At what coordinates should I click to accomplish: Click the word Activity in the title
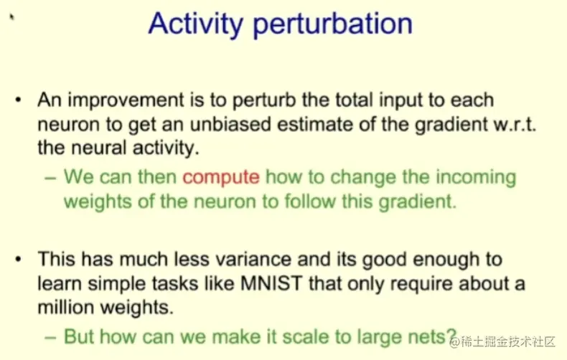point(196,24)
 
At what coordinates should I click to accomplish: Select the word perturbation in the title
point(333,24)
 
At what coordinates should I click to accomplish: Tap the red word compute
point(221,178)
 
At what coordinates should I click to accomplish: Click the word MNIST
point(271,283)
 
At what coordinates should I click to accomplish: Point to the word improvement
point(126,100)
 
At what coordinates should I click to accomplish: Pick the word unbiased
point(230,124)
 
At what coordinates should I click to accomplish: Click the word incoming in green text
point(476,178)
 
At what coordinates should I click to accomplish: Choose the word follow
point(310,201)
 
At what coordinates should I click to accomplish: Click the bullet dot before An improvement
point(19,100)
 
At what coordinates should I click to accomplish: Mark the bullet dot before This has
point(19,259)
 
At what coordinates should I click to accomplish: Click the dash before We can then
point(50,178)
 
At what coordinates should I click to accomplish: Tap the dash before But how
point(50,338)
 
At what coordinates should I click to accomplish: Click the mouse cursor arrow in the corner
point(12,16)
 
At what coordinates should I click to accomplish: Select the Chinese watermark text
point(502,341)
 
